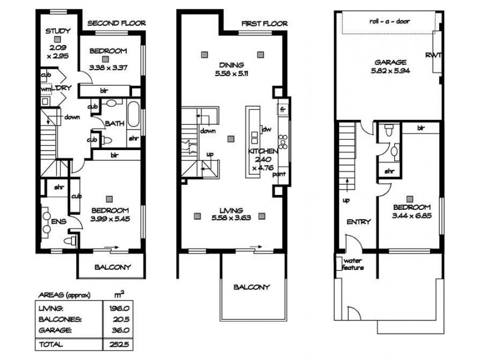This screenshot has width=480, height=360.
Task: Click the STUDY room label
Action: coord(58,31)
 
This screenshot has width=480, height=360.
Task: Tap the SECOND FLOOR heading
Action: coord(116,23)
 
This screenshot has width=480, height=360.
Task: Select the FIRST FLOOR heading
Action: coord(265,23)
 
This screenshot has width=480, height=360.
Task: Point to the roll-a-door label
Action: coord(389,22)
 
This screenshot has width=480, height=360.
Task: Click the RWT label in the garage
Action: coord(433,55)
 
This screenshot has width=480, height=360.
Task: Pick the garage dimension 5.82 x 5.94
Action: coord(391,71)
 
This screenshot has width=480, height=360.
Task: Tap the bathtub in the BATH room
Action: coord(133,114)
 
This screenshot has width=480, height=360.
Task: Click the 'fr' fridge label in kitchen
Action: coord(283,109)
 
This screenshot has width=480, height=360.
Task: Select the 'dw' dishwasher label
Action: coord(267,129)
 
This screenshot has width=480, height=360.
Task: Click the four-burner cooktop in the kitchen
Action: coord(283,142)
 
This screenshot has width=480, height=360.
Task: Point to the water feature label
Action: coord(353,264)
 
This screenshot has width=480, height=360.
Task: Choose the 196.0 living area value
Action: coord(119,308)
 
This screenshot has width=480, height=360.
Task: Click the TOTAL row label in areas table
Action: coord(51,344)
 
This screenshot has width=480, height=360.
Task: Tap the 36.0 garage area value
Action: coord(121,331)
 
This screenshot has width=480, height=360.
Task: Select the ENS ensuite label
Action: coord(59,221)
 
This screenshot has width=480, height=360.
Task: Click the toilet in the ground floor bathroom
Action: coord(389,130)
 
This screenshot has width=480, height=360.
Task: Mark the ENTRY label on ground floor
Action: coord(359,221)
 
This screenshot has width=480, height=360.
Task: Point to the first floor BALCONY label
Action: coord(251,287)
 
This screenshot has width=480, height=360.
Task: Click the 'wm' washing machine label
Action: coord(46,89)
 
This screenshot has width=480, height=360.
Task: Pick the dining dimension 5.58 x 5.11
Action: coord(232,73)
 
